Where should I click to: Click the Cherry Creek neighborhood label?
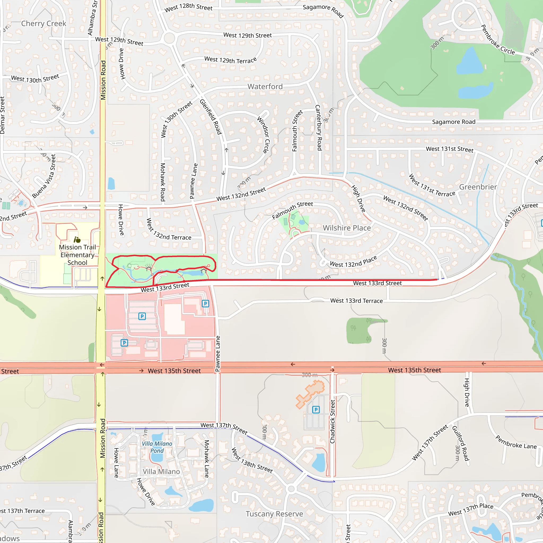click(43, 24)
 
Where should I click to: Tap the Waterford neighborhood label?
click(265, 86)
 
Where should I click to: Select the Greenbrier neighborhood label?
click(478, 187)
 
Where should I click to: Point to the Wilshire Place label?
click(347, 228)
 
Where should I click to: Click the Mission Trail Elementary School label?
click(77, 255)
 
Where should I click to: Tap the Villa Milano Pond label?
click(157, 447)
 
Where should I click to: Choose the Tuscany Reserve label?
click(274, 514)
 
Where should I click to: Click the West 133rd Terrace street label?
click(356, 301)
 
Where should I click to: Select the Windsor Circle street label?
click(263, 135)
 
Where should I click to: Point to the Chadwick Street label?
click(332, 422)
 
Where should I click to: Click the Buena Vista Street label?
click(44, 177)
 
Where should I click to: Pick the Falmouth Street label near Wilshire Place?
click(292, 210)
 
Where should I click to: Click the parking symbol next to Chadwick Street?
click(316, 409)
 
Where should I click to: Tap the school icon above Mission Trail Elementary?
click(77, 240)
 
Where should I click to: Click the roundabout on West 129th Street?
click(169, 38)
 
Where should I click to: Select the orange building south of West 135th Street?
click(310, 393)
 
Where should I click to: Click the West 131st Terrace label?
click(432, 186)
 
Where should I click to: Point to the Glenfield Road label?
click(211, 117)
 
